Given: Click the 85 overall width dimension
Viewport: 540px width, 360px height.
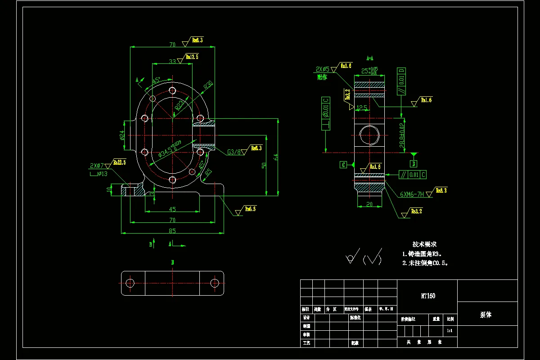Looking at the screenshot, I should tap(172, 230).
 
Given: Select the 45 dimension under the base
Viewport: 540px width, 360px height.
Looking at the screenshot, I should tap(172, 209).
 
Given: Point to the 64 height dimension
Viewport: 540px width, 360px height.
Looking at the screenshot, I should tap(276, 157).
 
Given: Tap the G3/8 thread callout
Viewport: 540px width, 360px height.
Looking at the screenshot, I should tap(234, 152).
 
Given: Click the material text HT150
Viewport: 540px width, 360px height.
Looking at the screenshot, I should tap(427, 296).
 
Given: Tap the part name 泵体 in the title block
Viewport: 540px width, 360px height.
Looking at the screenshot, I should tap(486, 315).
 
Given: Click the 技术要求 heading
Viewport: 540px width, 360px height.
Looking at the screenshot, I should tap(424, 244).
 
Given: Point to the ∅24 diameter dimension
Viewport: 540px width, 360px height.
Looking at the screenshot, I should tap(122, 135).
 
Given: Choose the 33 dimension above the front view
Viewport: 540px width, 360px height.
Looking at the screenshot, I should tap(172, 61).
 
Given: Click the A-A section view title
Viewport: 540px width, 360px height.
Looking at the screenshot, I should tap(370, 58).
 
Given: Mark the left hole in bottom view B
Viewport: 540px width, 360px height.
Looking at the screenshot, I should tap(130, 283).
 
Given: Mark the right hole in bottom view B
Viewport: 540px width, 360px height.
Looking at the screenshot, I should tap(215, 283).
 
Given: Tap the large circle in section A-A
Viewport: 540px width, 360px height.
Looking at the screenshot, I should tap(369, 135).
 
